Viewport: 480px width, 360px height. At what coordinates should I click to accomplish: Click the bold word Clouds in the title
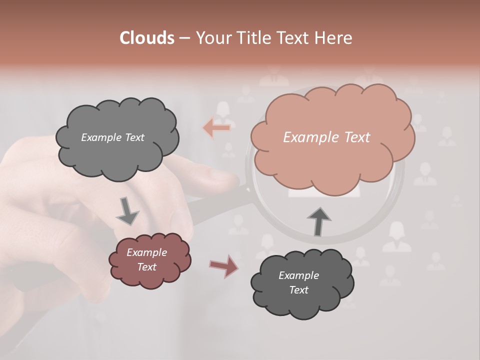(147, 38)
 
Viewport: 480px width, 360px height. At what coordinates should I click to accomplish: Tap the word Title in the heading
(252, 38)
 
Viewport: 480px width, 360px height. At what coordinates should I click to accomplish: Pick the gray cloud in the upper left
(117, 138)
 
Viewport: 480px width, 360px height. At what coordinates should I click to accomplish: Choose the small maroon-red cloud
(149, 260)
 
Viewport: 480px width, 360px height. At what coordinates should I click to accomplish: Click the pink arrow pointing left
(216, 128)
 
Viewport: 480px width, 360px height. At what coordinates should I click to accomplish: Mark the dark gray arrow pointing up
(318, 221)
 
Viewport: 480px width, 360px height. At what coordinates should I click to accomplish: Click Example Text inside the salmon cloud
(326, 137)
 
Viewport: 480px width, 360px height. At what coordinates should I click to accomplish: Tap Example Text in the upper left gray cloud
(112, 137)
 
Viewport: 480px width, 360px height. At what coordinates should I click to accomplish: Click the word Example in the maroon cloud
(146, 252)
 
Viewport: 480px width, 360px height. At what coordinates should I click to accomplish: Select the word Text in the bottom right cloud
(298, 290)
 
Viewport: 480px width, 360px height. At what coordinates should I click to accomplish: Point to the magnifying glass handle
(215, 205)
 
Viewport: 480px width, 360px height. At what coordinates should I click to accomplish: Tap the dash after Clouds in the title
(184, 38)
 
